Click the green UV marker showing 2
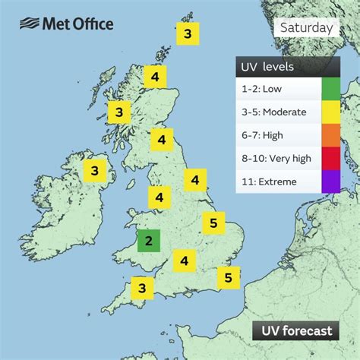[149, 242]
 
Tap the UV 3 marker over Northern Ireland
[95, 171]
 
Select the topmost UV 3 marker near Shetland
[187, 33]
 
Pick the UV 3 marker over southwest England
[142, 288]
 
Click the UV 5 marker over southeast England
[229, 277]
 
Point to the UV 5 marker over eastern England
[214, 223]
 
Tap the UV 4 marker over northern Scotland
[155, 77]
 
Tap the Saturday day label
[306, 28]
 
